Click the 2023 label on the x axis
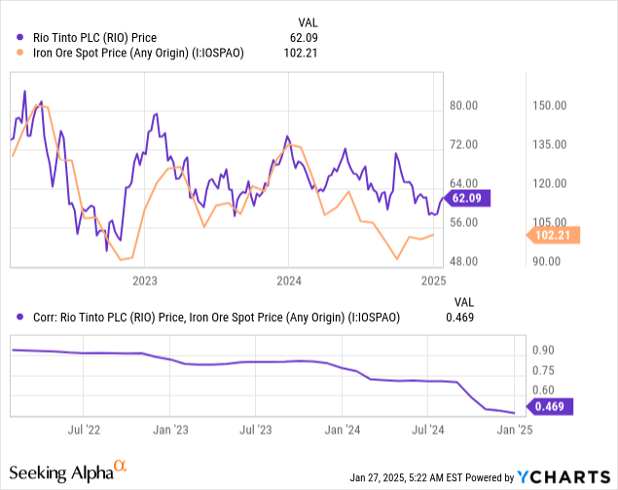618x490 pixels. [x=145, y=281]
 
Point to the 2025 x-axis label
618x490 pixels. [x=433, y=281]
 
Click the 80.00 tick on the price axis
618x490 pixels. [x=465, y=105]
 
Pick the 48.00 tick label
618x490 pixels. [x=465, y=261]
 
